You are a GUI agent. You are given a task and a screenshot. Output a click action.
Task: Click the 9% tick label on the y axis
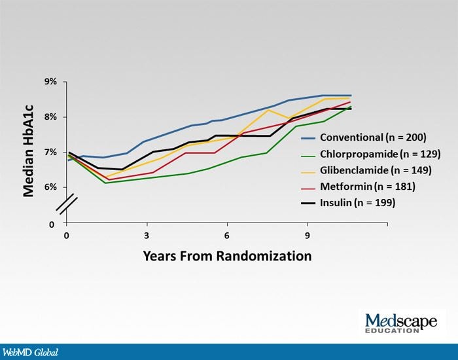[x=51, y=82]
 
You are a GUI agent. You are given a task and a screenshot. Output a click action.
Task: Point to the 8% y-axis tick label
[x=51, y=117]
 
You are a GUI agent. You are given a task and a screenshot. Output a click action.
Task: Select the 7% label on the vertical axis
[x=51, y=153]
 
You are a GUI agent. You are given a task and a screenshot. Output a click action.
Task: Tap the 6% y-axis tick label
[x=51, y=187]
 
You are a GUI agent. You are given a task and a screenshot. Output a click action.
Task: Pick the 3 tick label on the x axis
[x=147, y=235]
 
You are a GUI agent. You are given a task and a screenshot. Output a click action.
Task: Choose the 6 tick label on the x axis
[x=226, y=235]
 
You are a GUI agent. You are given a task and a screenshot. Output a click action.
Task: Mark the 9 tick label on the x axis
[x=307, y=235]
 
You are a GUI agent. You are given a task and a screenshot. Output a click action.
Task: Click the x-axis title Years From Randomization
[x=227, y=255]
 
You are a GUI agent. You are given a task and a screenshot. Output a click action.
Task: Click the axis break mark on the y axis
[x=67, y=204]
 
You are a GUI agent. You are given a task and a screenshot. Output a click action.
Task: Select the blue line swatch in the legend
[x=309, y=138]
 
